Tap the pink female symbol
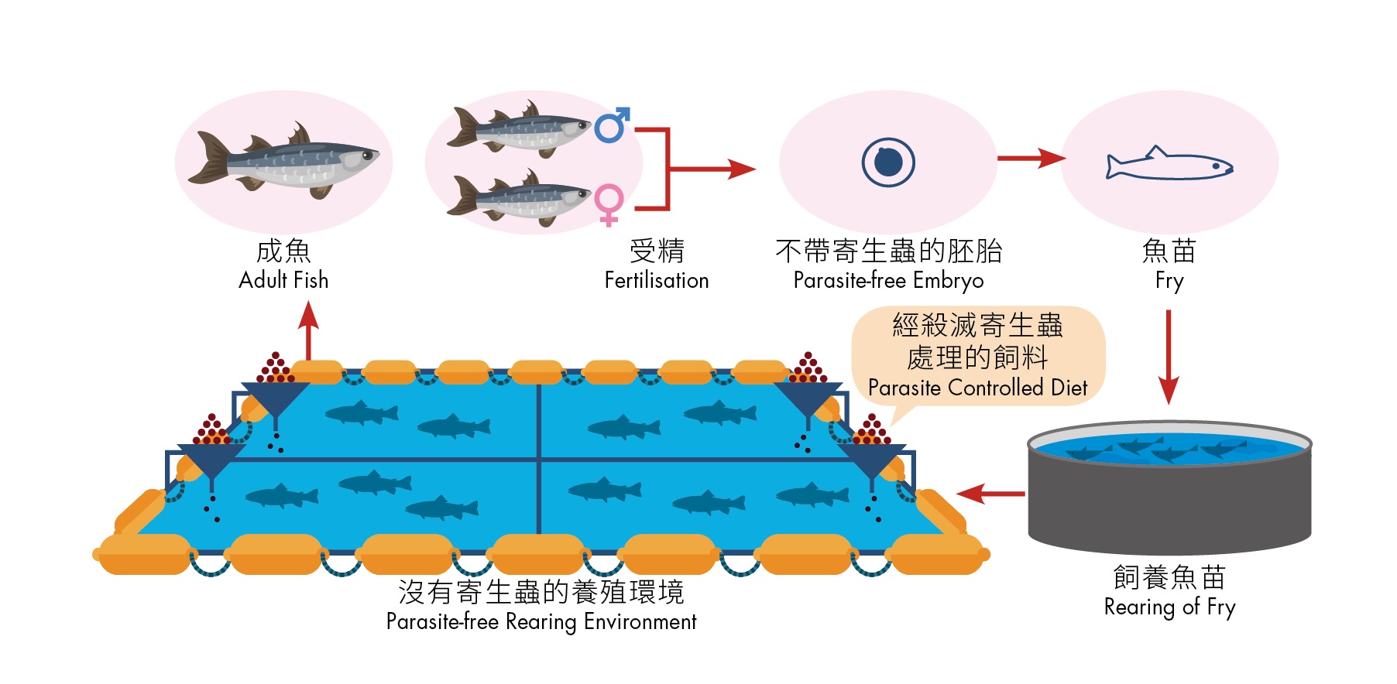(x=609, y=203)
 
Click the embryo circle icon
(x=888, y=162)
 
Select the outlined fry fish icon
(x=1169, y=164)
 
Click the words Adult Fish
(x=283, y=280)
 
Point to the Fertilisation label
(x=656, y=280)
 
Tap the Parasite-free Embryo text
(x=888, y=280)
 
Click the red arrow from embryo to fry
(x=1030, y=159)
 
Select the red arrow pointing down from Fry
(x=1169, y=356)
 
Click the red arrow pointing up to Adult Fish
(x=308, y=329)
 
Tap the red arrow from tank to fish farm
(x=991, y=493)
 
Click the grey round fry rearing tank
(x=1169, y=495)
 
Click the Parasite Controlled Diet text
(x=977, y=387)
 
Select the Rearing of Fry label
(x=1169, y=607)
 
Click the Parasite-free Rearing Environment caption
(x=541, y=621)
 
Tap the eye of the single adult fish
(x=366, y=156)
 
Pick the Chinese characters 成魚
(x=283, y=251)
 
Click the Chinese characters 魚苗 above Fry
(x=1169, y=251)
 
